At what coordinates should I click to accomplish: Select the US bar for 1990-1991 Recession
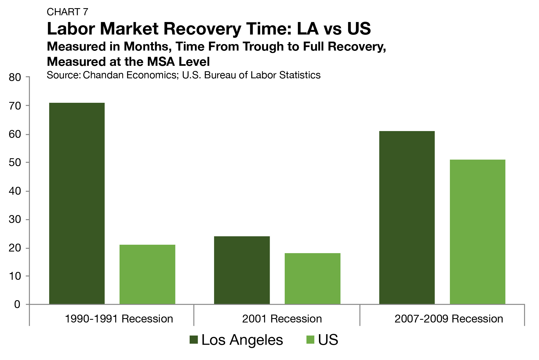point(147,274)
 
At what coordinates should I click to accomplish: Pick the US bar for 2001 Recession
point(312,278)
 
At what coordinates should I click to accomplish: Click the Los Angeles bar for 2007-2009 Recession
point(407,218)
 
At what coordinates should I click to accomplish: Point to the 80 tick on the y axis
point(15,77)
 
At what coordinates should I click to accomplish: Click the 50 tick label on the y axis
point(15,163)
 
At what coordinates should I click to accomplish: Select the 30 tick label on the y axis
point(15,219)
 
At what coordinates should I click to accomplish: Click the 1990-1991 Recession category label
point(119,319)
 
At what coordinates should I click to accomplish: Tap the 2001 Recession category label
point(282,319)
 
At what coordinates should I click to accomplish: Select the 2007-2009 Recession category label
point(449,319)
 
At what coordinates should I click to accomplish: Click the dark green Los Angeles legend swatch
point(194,340)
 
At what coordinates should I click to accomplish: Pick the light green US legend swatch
point(310,340)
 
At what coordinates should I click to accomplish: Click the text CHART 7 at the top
point(67,12)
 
